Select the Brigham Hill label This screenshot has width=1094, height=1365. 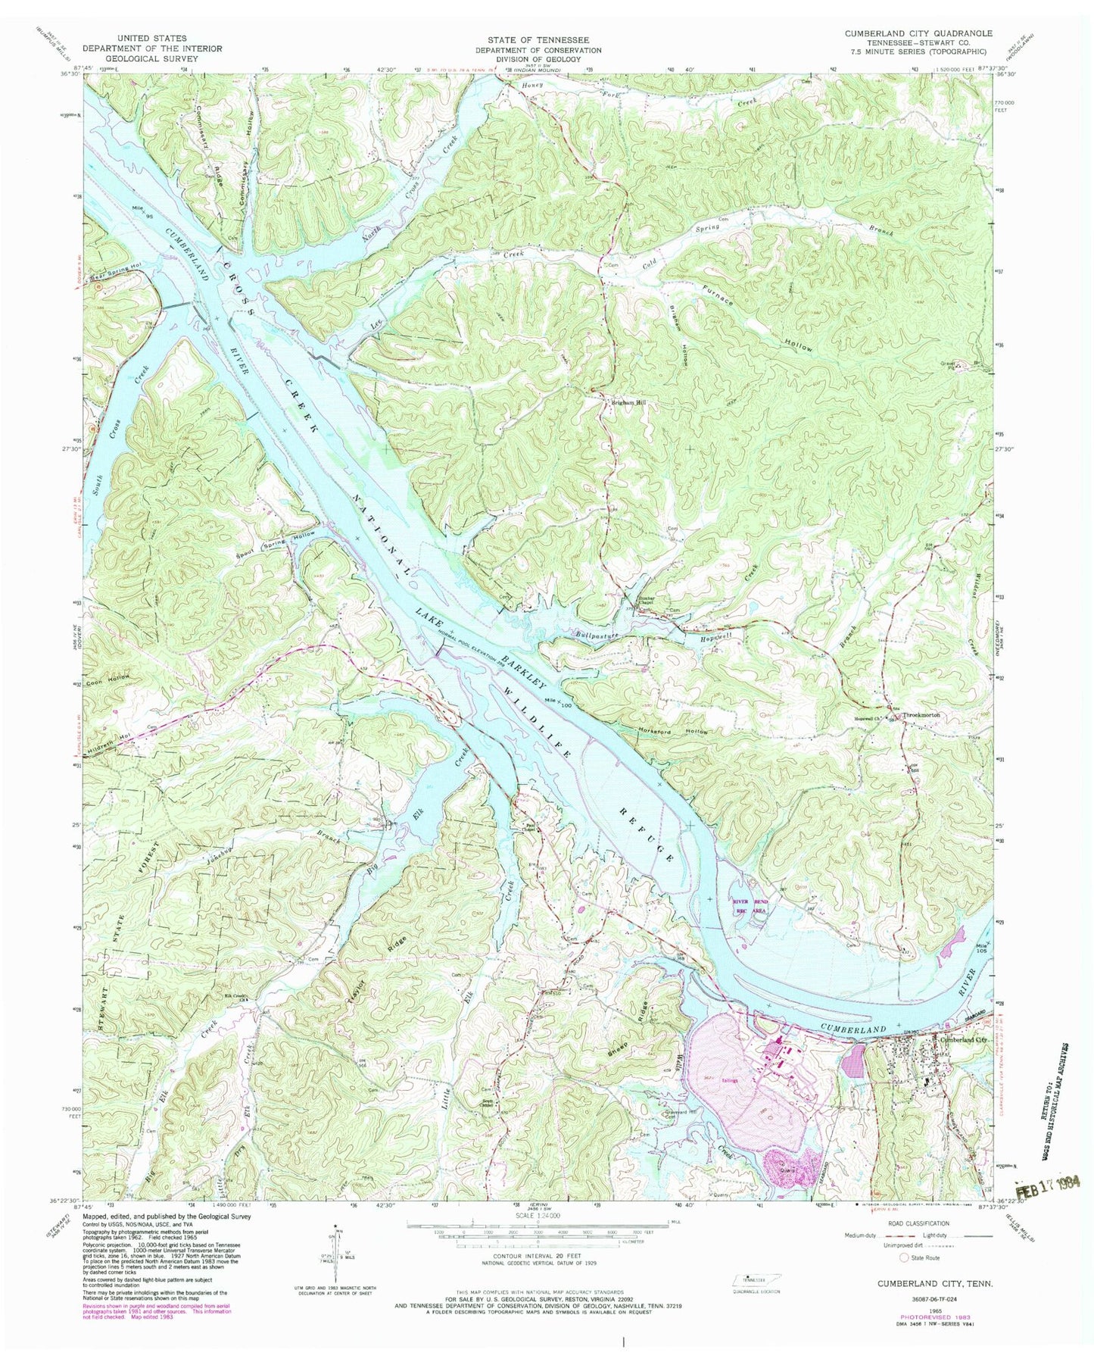tap(628, 403)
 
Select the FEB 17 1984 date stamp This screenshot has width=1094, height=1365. tap(1052, 1186)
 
